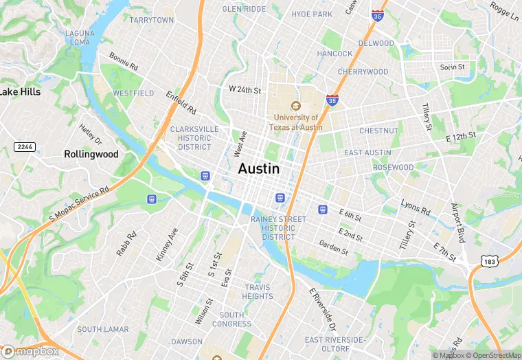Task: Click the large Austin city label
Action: point(259,168)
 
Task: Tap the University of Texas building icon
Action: point(296,106)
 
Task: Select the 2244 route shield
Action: point(25,147)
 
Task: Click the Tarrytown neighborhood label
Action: point(152,21)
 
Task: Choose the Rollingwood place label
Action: point(91,155)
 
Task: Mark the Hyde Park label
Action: point(312,14)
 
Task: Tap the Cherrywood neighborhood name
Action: point(363,71)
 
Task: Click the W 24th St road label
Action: point(245,90)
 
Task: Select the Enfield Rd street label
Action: point(181,103)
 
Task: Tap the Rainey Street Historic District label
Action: point(278,227)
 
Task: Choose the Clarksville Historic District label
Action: point(194,137)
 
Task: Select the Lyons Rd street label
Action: point(416,208)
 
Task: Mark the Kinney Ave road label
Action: point(167,244)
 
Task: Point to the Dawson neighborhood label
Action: point(187,341)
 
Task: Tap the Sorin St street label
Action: point(453,67)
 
